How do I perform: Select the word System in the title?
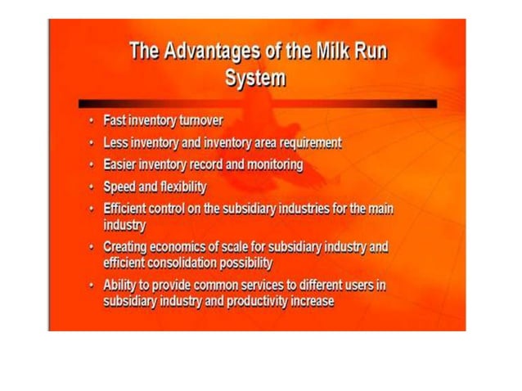[256, 79]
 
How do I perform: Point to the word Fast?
[114, 120]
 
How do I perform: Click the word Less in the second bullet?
[115, 142]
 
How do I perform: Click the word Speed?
[119, 187]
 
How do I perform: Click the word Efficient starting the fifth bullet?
[126, 209]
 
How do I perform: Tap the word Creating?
[125, 245]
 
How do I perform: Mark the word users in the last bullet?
[353, 284]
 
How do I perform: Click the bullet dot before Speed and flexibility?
[92, 187]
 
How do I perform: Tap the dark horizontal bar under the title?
[257, 104]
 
